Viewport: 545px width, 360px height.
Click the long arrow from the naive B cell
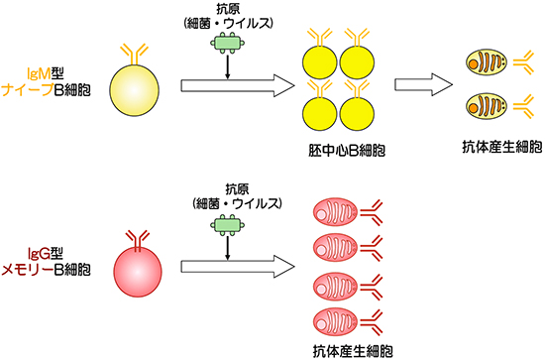(x=237, y=85)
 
